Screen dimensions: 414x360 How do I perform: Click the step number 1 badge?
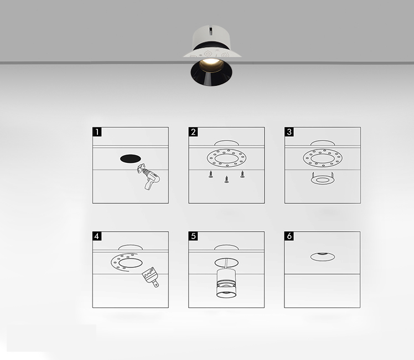coord(97,132)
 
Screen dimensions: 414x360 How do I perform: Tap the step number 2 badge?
coord(193,132)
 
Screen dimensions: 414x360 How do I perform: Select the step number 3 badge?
coord(289,132)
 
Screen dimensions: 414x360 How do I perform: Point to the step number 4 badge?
coord(97,236)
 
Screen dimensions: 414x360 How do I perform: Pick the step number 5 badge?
coord(193,236)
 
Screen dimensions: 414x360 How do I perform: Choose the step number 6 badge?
coord(289,236)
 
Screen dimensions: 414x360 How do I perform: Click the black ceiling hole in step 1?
coord(131,159)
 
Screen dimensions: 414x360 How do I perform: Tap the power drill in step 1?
coord(149,177)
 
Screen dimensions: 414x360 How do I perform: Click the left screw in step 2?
coord(211,174)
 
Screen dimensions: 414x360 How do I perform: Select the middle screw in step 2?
coord(226,179)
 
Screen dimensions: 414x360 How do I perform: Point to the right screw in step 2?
coord(242,174)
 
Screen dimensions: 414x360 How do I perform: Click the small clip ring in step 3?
coord(322,179)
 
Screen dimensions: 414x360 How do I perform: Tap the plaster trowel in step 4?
coord(151,277)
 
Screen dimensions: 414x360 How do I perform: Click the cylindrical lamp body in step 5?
coord(226,283)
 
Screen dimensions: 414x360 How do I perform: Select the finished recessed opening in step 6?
coord(322,256)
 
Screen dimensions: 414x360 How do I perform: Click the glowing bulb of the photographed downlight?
coord(211,65)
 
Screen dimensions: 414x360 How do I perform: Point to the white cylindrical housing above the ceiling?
coord(211,38)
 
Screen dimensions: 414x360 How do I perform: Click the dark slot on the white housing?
coord(210,31)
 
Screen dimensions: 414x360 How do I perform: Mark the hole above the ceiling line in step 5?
coord(226,247)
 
